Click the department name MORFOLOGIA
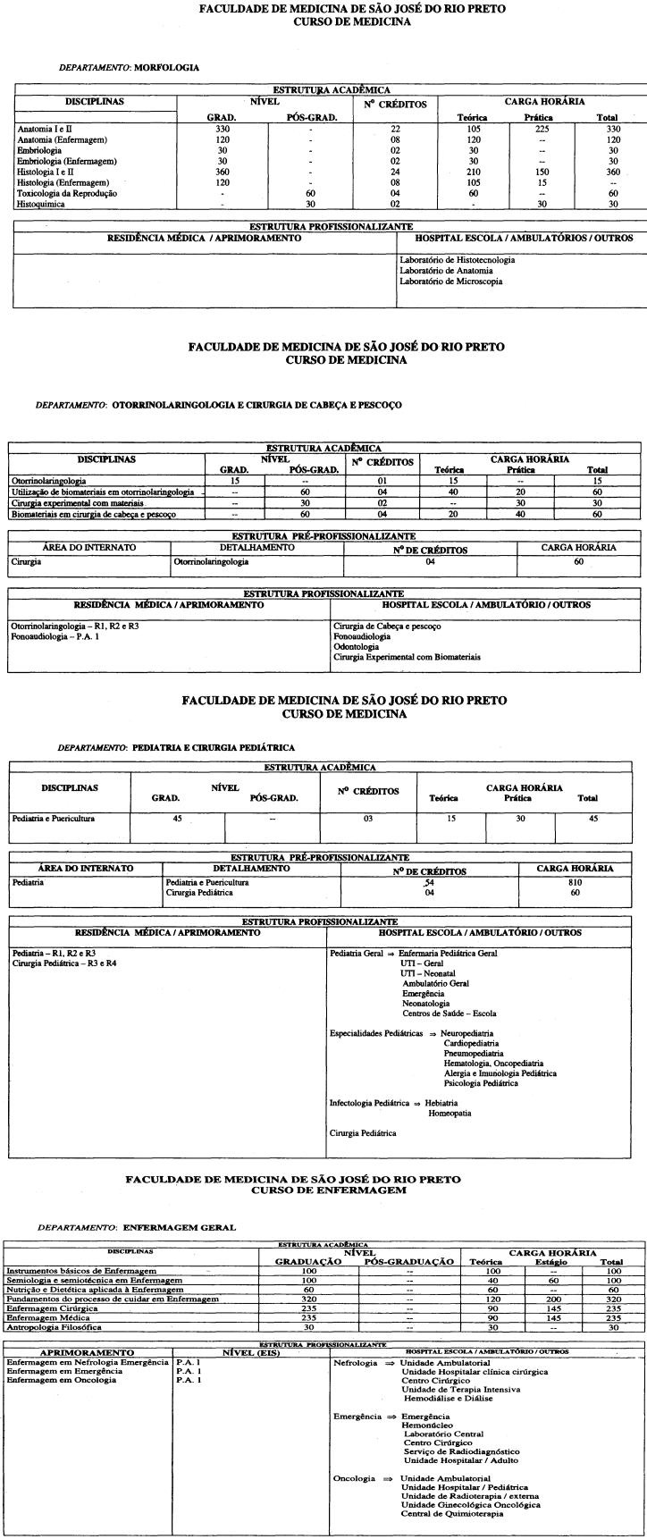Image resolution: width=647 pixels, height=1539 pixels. coord(166,67)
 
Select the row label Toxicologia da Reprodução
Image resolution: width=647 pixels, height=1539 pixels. coord(67,193)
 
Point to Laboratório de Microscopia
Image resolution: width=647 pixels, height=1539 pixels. coord(450,282)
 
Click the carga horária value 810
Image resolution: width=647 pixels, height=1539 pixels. coord(575,882)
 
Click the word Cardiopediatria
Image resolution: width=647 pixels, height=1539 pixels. coord(471,1043)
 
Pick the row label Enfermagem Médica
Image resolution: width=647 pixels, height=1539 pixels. coord(47,1317)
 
